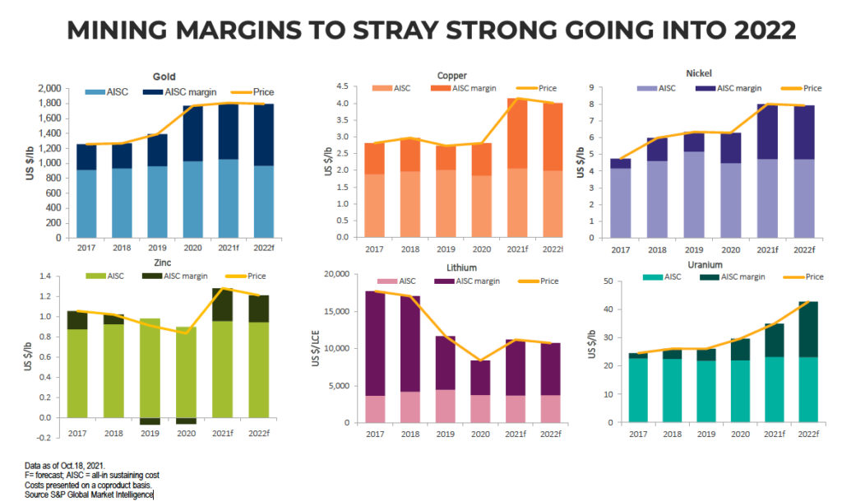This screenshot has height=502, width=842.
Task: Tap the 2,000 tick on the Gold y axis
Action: coord(49,88)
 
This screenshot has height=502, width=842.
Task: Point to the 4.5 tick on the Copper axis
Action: coord(342,86)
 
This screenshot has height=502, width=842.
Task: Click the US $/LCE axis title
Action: coord(315,349)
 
